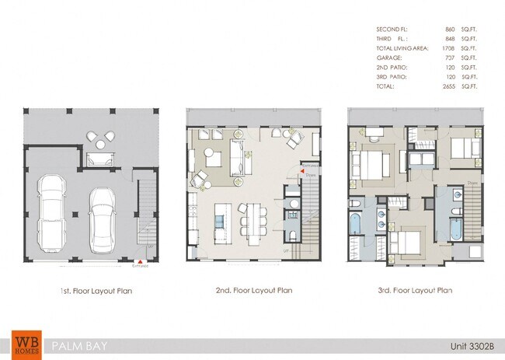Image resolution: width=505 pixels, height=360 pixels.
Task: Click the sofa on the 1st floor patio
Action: pos(98,159)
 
